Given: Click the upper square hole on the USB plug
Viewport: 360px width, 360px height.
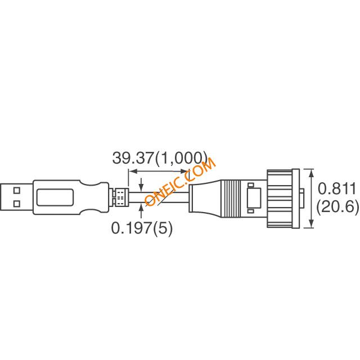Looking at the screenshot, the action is pos(17,191).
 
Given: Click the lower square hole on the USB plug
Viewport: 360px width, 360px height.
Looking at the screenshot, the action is pos(17,204).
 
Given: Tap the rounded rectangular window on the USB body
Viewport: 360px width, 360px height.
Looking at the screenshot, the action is pos(55,197).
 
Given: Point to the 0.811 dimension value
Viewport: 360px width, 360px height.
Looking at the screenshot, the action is pos(336,189).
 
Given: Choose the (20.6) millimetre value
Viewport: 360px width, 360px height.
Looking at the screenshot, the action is pos(337,207).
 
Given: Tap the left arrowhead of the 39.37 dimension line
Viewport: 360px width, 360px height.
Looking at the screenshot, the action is pos(133,171).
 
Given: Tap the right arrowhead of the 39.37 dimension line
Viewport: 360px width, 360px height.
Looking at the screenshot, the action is pos(184,171).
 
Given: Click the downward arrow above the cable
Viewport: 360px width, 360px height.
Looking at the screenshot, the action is pos(141,184).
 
